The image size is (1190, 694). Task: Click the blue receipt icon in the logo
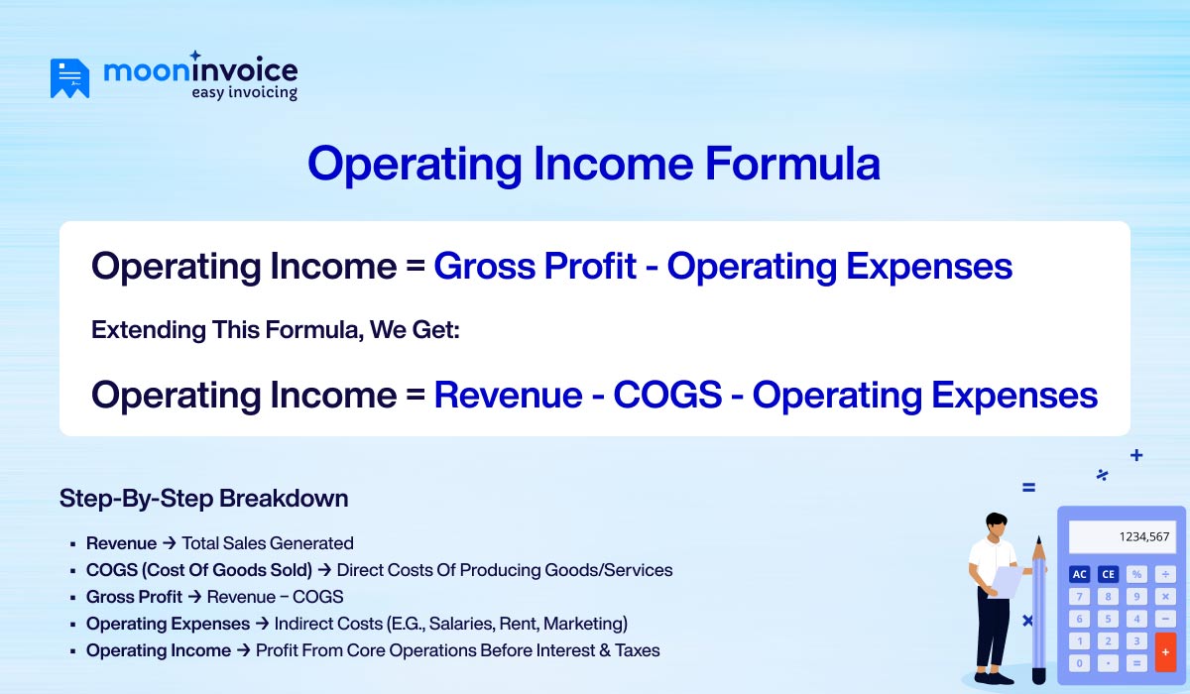click(69, 78)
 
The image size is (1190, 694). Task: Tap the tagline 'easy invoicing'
click(244, 92)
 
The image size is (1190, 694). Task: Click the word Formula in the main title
click(792, 164)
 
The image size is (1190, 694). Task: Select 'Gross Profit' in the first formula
click(535, 267)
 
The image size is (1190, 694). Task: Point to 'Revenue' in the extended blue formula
click(508, 395)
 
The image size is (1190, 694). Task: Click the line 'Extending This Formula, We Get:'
click(276, 330)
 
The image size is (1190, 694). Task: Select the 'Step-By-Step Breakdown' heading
click(203, 498)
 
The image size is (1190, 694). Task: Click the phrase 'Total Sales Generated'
click(268, 543)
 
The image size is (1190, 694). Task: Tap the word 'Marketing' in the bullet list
click(584, 624)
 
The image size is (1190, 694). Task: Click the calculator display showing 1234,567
click(1122, 536)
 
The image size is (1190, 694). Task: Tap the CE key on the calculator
click(1108, 574)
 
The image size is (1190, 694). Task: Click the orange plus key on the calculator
click(1165, 651)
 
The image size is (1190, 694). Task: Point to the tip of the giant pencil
click(1038, 540)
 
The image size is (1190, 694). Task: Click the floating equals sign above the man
click(1028, 488)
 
